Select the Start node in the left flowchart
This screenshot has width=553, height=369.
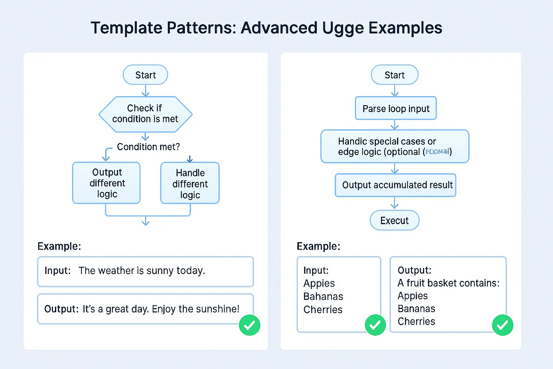(145, 75)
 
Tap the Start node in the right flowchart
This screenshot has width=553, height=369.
(394, 75)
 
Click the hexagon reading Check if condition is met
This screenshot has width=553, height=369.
(145, 114)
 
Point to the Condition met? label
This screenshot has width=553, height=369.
(148, 147)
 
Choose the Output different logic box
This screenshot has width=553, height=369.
(107, 183)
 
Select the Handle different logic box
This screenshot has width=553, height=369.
(190, 183)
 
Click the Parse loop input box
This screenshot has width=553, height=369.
(395, 108)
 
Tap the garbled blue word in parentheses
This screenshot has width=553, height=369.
(437, 152)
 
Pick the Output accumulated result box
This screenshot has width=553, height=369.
(395, 185)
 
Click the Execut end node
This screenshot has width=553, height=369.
(394, 221)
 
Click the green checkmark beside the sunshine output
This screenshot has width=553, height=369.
(249, 325)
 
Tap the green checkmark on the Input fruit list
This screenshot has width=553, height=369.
(375, 325)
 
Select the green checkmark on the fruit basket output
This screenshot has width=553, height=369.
(503, 325)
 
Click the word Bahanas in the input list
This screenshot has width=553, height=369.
(323, 296)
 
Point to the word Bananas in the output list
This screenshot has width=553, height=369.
(416, 309)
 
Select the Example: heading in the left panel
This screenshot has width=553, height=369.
(59, 246)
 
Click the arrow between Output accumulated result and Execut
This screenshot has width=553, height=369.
(394, 203)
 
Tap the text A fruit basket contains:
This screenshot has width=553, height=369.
(448, 283)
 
